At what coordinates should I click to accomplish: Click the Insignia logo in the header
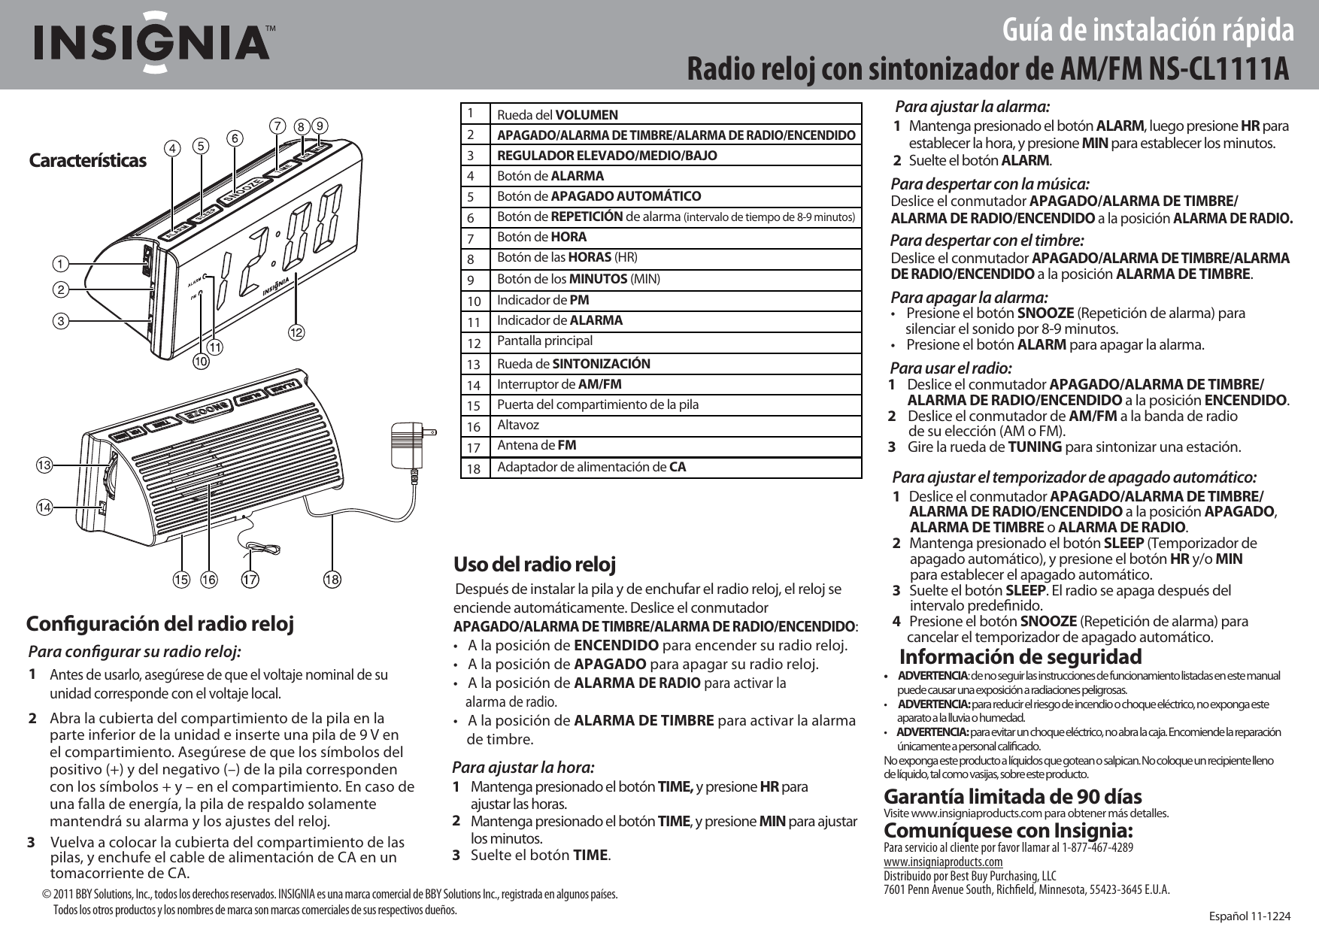click(x=150, y=42)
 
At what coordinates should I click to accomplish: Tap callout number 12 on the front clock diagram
click(x=298, y=332)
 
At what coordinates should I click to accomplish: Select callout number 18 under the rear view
click(x=332, y=579)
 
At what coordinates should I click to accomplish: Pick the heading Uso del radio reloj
click(x=535, y=564)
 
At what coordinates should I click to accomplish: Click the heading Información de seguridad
click(x=1020, y=656)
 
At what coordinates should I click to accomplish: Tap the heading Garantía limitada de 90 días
click(x=1012, y=796)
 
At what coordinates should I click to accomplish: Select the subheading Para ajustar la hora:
click(x=523, y=768)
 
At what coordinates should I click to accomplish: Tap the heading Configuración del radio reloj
click(x=160, y=624)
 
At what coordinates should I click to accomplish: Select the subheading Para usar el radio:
click(x=951, y=368)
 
